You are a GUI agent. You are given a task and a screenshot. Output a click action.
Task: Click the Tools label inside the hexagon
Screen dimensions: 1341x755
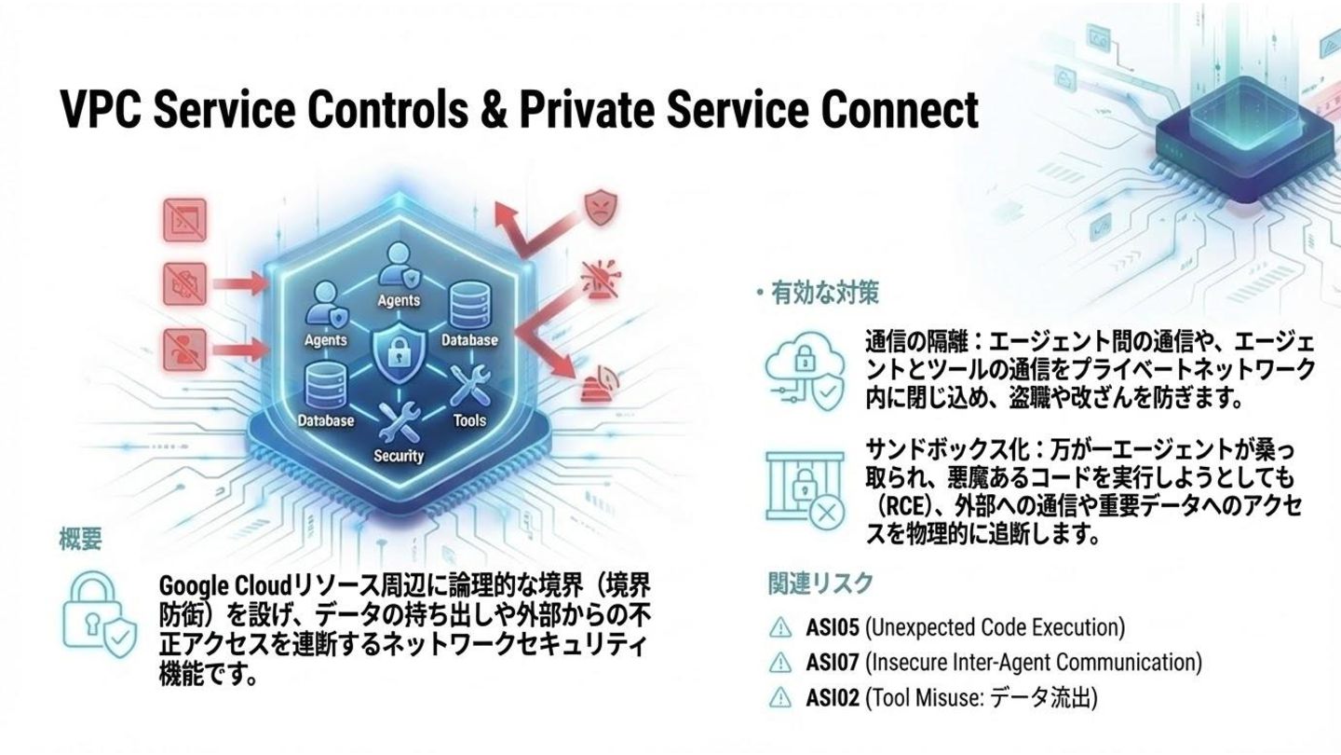click(x=469, y=420)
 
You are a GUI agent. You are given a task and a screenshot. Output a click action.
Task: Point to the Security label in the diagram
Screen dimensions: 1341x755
click(x=399, y=456)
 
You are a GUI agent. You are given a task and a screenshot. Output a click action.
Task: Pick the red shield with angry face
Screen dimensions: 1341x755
click(x=598, y=205)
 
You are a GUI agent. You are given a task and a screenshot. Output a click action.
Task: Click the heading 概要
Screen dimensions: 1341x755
click(x=80, y=540)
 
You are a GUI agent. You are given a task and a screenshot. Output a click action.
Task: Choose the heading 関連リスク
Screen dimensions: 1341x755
click(x=820, y=583)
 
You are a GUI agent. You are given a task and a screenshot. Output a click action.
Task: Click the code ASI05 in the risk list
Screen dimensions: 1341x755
click(x=832, y=627)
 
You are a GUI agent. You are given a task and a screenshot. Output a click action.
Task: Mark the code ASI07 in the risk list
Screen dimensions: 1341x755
click(x=832, y=663)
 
